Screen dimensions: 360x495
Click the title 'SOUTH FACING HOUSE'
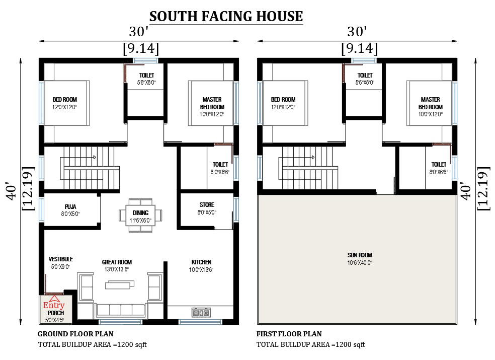[x=226, y=16]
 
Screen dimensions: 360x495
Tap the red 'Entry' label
[x=54, y=305]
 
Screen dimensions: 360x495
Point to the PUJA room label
[x=70, y=206]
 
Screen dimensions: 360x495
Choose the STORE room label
[x=206, y=205]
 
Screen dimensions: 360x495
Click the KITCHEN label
[x=201, y=262]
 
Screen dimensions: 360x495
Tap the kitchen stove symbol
[x=201, y=313]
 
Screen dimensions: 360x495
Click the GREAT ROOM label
[x=117, y=262]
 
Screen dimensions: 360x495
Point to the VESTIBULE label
[x=61, y=259]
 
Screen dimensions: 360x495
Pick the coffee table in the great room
[x=120, y=285]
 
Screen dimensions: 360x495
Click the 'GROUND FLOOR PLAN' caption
[x=75, y=334]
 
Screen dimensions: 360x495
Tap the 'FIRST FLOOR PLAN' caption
[x=289, y=334]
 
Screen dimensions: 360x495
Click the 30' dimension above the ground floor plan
[x=139, y=32]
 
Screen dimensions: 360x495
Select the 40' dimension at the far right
[x=465, y=191]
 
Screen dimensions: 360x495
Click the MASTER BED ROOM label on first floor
[x=431, y=103]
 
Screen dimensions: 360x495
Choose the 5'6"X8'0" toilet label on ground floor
[x=147, y=82]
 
